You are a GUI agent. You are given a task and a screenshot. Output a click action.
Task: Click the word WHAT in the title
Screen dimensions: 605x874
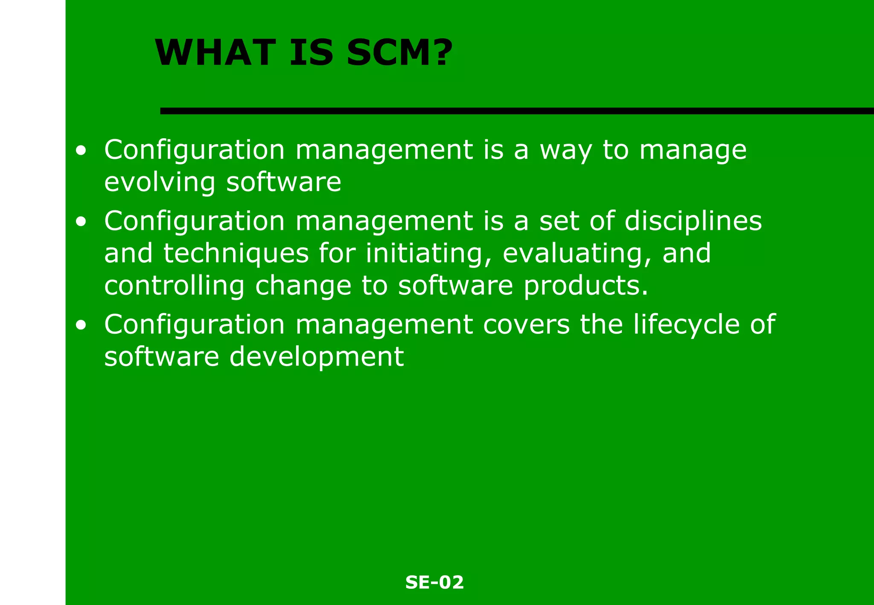pyautogui.click(x=215, y=53)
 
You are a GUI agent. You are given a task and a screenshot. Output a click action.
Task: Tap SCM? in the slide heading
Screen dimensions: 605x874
pyautogui.click(x=399, y=53)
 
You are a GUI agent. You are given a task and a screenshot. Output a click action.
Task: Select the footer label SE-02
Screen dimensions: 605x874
pyautogui.click(x=434, y=582)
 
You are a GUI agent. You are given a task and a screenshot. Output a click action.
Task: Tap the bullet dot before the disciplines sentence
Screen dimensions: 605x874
pyautogui.click(x=81, y=222)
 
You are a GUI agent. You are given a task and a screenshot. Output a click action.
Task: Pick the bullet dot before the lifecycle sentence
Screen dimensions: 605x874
pyautogui.click(x=81, y=326)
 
